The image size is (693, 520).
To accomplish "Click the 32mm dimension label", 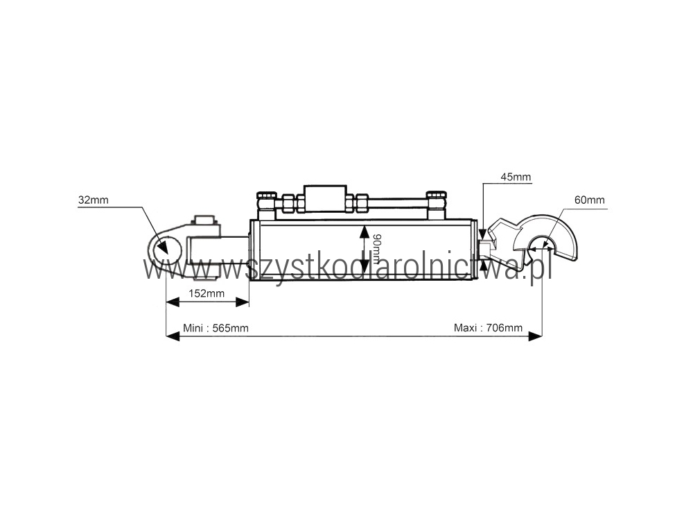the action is [94, 200].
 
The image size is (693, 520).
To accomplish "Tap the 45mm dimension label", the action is [516, 177].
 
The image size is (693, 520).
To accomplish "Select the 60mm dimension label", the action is [590, 200].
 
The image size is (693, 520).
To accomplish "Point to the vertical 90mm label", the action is [376, 249].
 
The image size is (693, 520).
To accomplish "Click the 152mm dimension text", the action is [207, 293].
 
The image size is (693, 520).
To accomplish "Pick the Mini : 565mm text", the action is [216, 328].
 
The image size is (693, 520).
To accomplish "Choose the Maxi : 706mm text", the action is [488, 328].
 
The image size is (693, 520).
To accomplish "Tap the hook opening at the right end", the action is [539, 248].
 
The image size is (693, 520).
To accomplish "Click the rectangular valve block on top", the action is [325, 198].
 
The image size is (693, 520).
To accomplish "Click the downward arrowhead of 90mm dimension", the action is [364, 266].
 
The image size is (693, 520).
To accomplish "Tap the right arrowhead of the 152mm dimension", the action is [242, 302].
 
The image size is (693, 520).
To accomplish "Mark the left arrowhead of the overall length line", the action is [173, 336].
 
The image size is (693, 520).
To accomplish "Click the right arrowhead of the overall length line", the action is [535, 336].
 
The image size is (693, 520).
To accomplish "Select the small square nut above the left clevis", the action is [205, 220].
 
